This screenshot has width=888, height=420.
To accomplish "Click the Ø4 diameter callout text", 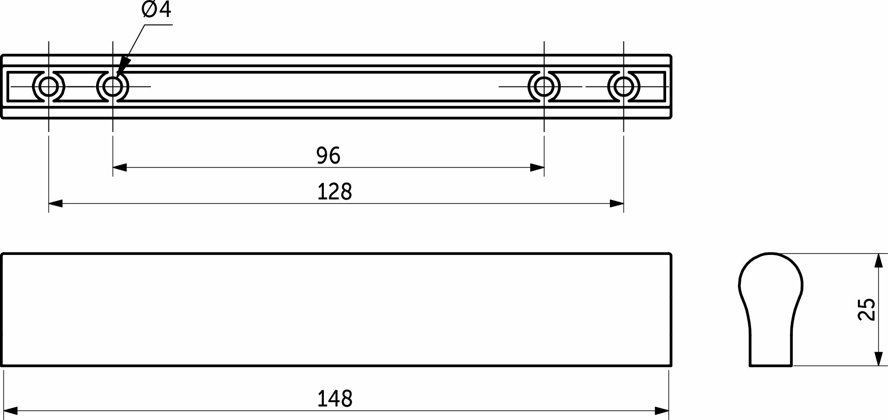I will pos(156,10).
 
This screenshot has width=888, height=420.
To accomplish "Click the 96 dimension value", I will pos(328,155).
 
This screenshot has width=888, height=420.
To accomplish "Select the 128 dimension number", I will pos(334,192).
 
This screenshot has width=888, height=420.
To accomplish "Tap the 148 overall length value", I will pos(335,399).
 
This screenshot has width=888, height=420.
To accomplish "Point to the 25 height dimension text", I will pos(867,309).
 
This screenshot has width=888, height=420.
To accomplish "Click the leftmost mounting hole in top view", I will pos(48,87).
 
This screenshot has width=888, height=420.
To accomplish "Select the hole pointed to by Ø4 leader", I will pos(113,87).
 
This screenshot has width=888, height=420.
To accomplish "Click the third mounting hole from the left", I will pos(544,87).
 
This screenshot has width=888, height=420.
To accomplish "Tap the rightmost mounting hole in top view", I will pos(623,87).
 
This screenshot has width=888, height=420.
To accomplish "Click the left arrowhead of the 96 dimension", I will pos(118,168).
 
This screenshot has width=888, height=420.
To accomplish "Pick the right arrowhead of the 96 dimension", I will pos(538,168).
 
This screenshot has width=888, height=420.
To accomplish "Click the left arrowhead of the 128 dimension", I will pos(54,203).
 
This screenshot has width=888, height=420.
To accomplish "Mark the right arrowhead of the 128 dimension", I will pos(618,203).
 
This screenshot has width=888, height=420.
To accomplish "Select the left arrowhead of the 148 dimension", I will pos(10,411).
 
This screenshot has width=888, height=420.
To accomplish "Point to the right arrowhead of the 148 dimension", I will pos(663,411).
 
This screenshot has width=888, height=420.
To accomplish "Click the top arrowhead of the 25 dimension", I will pos(878,260).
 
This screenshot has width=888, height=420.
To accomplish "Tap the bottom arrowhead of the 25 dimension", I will pos(878,359).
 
